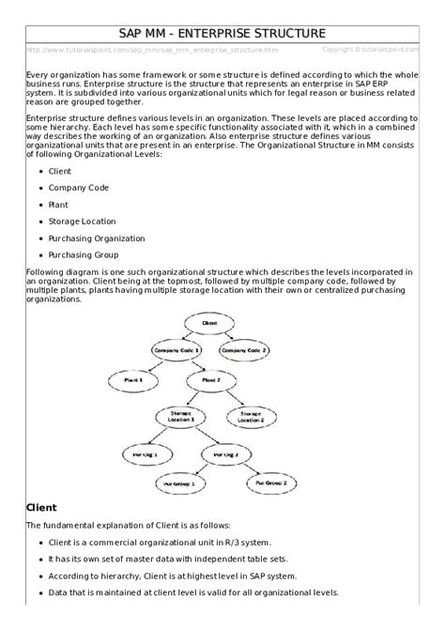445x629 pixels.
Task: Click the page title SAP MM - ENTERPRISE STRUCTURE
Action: tap(222, 33)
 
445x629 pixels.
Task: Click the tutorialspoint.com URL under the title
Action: tap(152, 50)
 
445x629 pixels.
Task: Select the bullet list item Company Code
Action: tap(79, 188)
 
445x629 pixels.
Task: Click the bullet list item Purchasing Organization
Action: tap(97, 238)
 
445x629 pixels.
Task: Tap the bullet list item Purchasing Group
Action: tap(84, 255)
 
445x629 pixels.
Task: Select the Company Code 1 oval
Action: tap(177, 349)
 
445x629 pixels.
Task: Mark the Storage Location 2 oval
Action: tap(252, 416)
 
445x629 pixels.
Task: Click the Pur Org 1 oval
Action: tap(146, 453)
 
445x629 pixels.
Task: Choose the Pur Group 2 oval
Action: tap(272, 483)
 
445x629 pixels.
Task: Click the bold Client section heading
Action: tap(42, 507)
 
